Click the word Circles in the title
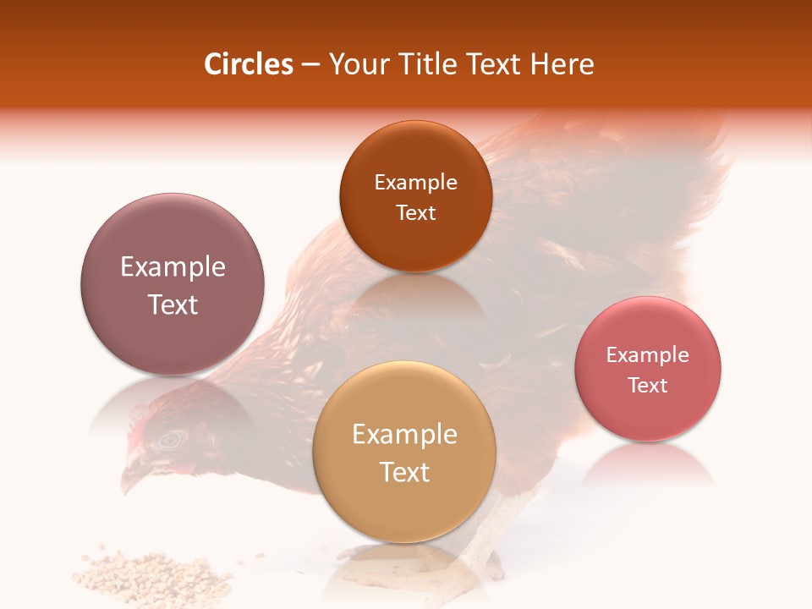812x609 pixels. tap(248, 64)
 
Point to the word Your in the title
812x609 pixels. tap(356, 65)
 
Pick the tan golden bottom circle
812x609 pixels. tap(404, 507)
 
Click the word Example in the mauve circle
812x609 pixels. tap(173, 267)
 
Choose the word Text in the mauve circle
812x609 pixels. tap(173, 304)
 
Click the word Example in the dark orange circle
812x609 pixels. tap(415, 183)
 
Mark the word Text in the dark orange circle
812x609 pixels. tap(415, 212)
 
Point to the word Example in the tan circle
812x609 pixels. tap(404, 435)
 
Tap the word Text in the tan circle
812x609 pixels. tap(404, 472)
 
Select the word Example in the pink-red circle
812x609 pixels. tap(648, 355)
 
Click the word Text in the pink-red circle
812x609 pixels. tap(648, 385)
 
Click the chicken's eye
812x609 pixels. tap(172, 439)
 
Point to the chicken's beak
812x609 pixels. tap(132, 479)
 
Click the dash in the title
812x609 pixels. tap(310, 65)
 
